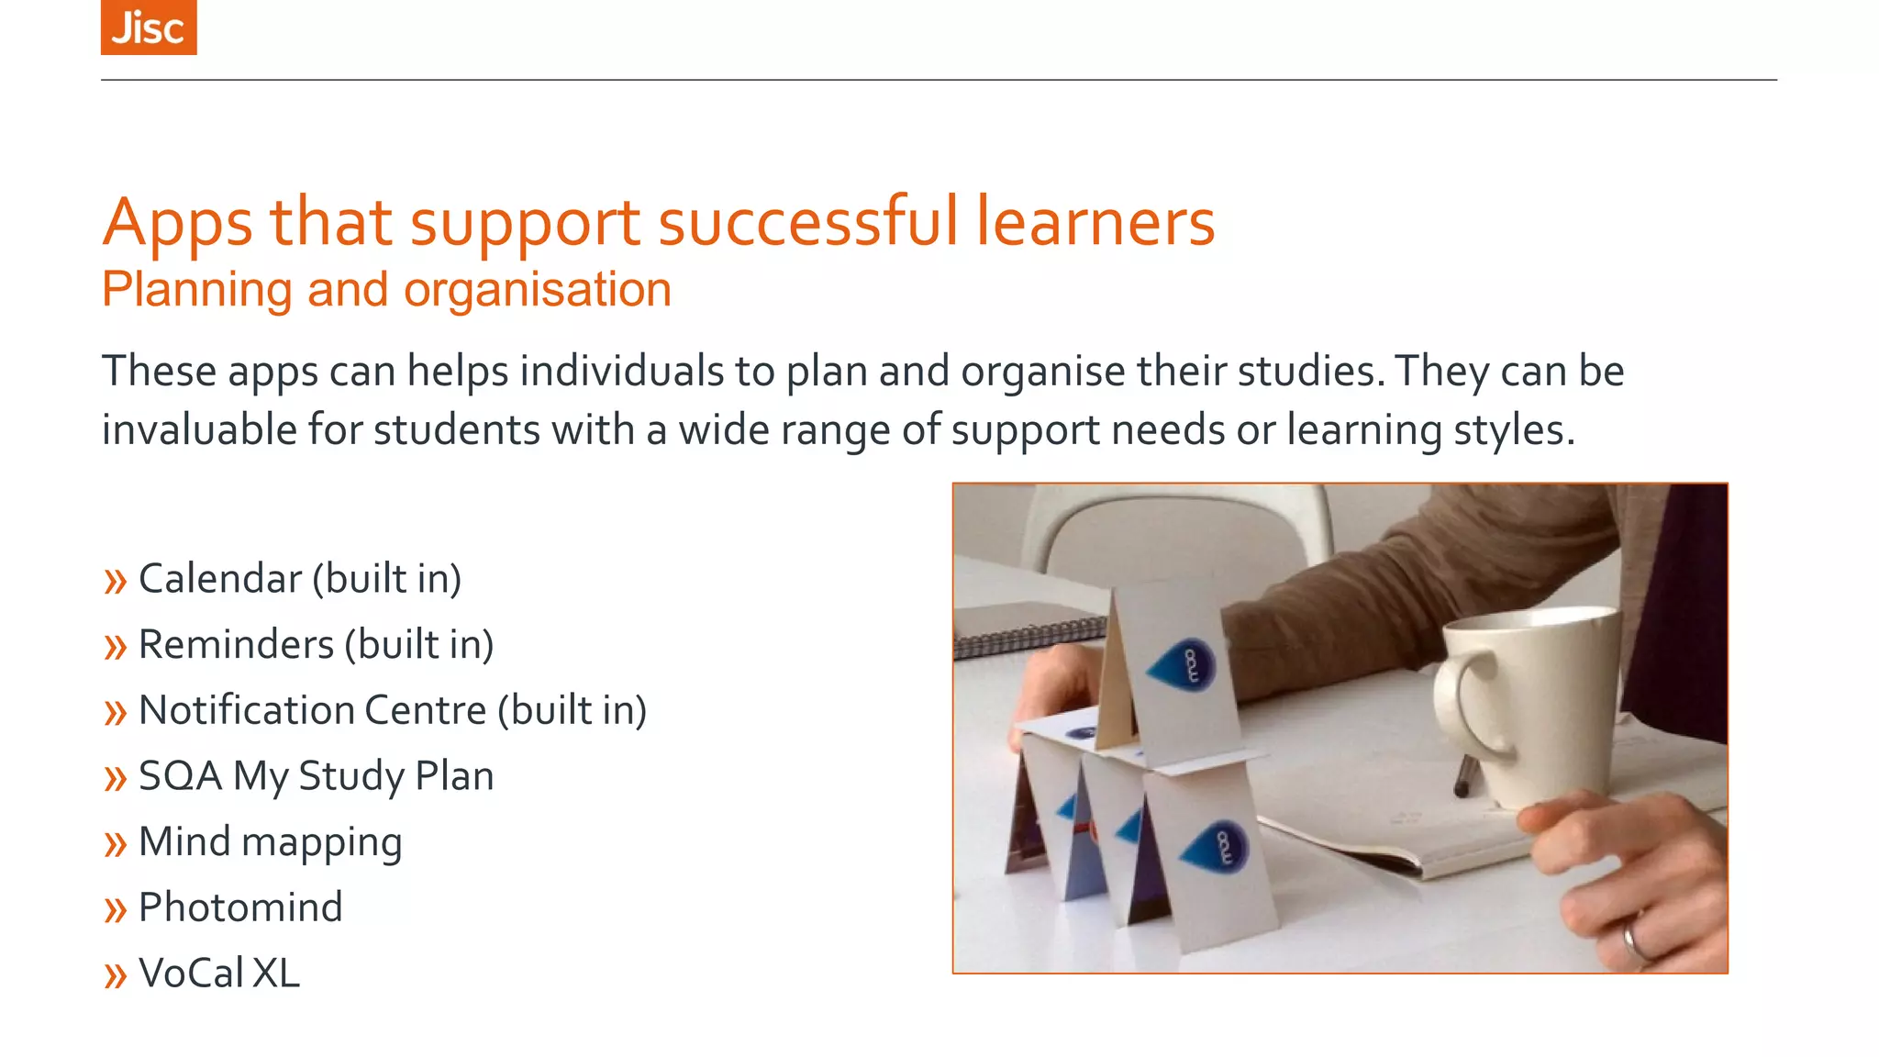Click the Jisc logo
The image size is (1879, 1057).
click(x=149, y=28)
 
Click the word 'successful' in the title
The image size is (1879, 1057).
click(x=807, y=222)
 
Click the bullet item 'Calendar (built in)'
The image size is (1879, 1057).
click(x=299, y=579)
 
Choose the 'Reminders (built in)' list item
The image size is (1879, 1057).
click(x=316, y=645)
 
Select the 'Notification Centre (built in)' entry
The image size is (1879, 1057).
click(x=392, y=710)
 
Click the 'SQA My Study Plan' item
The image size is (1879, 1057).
click(x=316, y=776)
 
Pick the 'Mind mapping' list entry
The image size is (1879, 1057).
click(x=270, y=842)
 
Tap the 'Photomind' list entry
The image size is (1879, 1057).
click(x=240, y=907)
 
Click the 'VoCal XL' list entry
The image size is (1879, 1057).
click(x=218, y=974)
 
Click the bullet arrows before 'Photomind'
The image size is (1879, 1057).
click(x=115, y=909)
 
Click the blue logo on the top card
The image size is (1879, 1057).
click(x=1184, y=665)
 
